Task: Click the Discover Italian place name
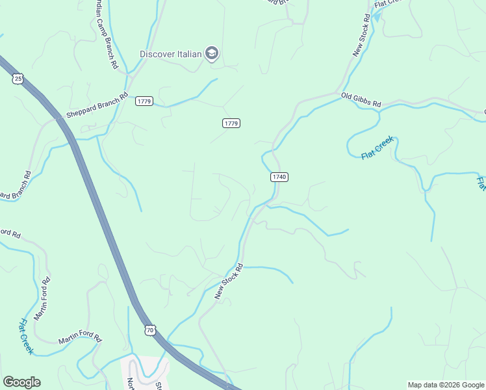(x=172, y=53)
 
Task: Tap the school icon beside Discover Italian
(x=211, y=53)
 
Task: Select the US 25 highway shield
(x=18, y=79)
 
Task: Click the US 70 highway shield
(x=150, y=330)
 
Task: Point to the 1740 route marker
(x=279, y=177)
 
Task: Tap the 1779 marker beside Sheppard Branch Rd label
(x=144, y=101)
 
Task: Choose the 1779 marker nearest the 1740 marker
(x=231, y=123)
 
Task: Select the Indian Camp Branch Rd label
(x=103, y=36)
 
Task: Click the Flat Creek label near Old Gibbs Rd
(x=377, y=148)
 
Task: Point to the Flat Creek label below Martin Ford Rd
(x=25, y=336)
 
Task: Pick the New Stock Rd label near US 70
(x=229, y=281)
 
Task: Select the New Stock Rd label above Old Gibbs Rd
(x=362, y=35)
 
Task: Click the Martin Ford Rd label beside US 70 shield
(x=81, y=339)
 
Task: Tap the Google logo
(x=21, y=382)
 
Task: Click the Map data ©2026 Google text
(x=446, y=385)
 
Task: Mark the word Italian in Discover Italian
(x=189, y=53)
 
